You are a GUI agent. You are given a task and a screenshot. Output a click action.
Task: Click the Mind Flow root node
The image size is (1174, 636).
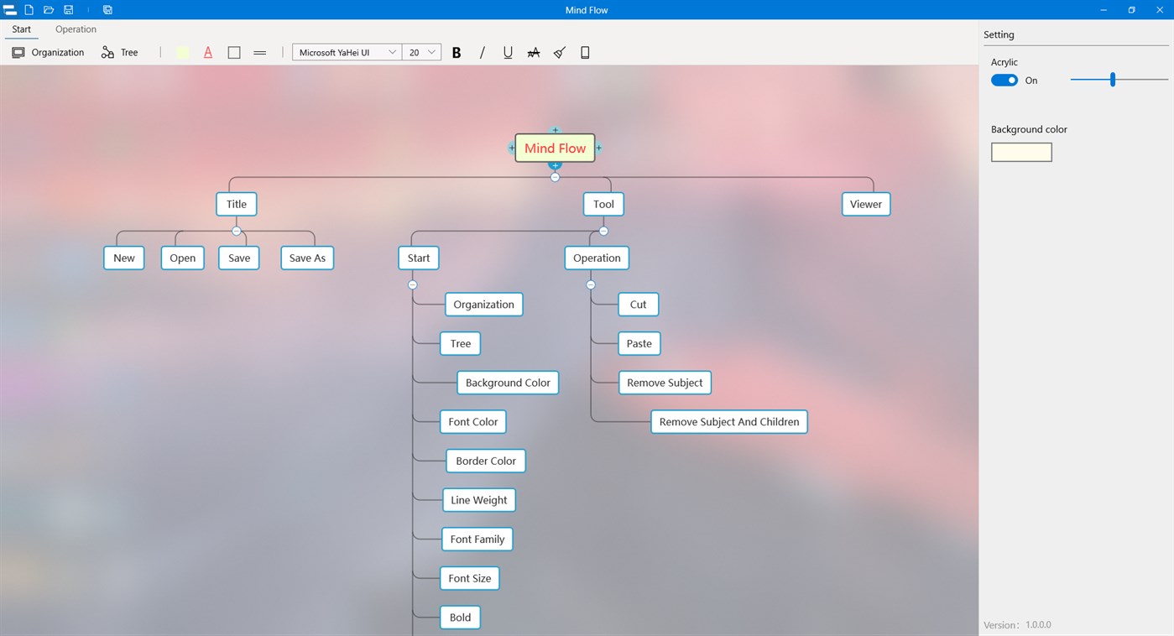(555, 149)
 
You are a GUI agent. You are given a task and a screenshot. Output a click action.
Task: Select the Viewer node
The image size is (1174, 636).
(866, 205)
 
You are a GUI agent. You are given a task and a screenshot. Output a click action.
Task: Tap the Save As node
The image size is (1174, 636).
(307, 258)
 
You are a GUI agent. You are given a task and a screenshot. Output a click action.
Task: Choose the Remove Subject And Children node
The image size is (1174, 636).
(729, 422)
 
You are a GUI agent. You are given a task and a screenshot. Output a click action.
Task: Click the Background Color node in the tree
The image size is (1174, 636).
(508, 383)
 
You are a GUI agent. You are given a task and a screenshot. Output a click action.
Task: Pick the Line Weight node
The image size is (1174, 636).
(479, 500)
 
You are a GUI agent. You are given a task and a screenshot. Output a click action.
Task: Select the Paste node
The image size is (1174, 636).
(639, 344)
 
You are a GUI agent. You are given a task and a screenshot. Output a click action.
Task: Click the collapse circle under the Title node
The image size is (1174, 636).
(237, 231)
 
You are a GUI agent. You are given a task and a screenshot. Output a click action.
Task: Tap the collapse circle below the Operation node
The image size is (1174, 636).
(591, 285)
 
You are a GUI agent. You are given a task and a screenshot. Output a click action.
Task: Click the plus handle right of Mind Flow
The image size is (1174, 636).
(598, 149)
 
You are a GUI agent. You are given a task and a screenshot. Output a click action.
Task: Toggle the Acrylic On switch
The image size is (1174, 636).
(1004, 81)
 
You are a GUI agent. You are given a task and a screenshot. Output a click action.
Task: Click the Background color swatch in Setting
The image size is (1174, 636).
(1021, 153)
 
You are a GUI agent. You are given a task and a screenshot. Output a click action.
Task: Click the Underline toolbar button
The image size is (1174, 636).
(508, 52)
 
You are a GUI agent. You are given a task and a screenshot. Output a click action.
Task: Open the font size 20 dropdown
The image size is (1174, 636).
(422, 52)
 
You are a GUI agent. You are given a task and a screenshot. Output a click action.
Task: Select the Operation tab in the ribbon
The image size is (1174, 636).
(76, 29)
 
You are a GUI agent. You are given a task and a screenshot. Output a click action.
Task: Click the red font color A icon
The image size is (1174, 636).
(208, 52)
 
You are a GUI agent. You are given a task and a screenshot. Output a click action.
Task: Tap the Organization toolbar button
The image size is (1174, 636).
(48, 52)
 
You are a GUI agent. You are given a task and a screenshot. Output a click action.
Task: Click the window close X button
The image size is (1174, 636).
(1160, 10)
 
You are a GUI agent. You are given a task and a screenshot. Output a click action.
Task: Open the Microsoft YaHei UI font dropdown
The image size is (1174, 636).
(347, 52)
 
